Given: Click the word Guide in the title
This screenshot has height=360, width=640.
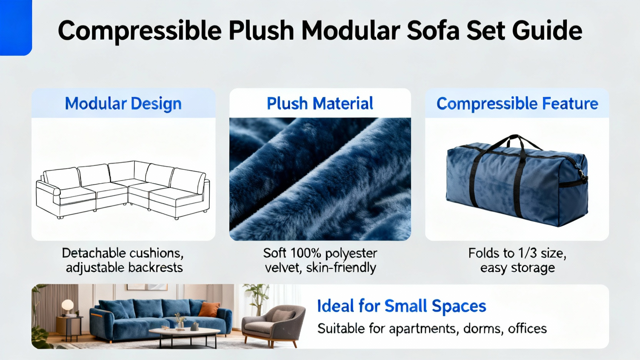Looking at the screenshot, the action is point(547,31).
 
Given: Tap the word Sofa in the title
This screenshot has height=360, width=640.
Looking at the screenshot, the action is point(432,30).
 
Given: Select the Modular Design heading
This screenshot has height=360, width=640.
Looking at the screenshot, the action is point(123,104).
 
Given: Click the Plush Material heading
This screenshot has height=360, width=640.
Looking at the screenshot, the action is point(320,103).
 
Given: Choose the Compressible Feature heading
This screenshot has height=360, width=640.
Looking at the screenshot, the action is point(517,104).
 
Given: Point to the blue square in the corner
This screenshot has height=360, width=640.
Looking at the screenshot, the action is point(16,28).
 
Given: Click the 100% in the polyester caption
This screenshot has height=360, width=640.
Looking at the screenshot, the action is point(306,253).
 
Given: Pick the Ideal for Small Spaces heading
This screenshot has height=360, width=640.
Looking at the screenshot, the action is point(402,306).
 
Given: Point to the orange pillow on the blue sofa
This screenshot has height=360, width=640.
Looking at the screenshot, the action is point(210,309).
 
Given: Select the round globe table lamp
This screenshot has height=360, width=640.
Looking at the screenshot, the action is point(68,304).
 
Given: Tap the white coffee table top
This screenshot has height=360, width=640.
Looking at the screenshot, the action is point(184,332).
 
